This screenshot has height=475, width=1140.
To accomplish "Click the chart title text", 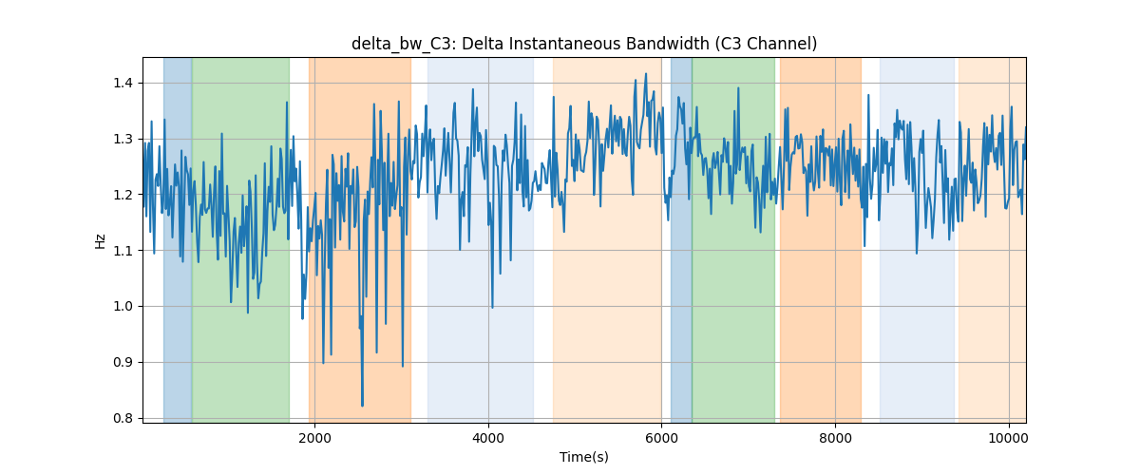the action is click(x=584, y=44).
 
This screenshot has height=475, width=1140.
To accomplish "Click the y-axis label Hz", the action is click(x=101, y=241).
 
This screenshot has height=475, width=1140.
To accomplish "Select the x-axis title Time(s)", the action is click(x=584, y=457).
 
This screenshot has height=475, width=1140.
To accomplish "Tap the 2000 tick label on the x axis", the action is click(x=315, y=438).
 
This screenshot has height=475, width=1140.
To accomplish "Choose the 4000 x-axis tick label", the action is click(x=488, y=438).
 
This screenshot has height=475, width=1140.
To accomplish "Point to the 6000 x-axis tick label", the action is click(x=661, y=438).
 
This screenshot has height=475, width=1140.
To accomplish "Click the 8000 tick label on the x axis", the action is click(x=835, y=438).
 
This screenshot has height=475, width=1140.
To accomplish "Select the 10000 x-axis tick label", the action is click(x=1009, y=438).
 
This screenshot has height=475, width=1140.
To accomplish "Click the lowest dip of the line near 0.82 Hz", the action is click(x=362, y=406).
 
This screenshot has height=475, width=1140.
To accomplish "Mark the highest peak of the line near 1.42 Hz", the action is click(x=646, y=74).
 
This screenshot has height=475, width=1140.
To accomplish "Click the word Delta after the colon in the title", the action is click(x=482, y=44).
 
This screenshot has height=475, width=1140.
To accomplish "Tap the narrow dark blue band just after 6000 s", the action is click(x=681, y=239).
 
